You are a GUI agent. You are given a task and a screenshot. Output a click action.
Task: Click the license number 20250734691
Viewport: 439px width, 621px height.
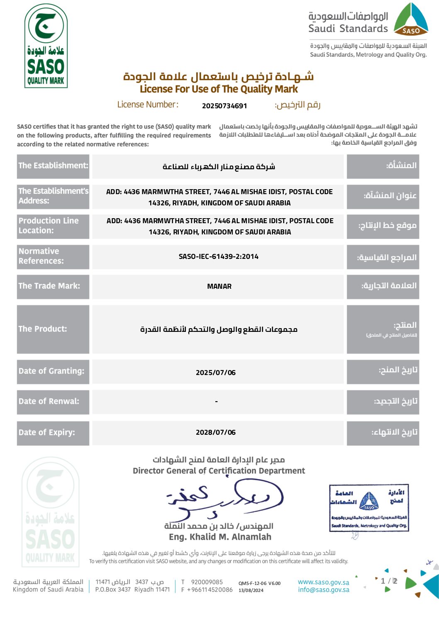[224, 106]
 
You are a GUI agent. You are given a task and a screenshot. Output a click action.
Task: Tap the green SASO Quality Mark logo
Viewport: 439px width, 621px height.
[46, 46]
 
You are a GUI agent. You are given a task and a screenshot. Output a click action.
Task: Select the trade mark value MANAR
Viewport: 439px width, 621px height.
[219, 286]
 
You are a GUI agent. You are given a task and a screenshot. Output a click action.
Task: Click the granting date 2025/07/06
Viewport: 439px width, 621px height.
[216, 373]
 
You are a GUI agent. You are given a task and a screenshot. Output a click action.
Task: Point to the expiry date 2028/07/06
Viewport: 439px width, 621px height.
[216, 432]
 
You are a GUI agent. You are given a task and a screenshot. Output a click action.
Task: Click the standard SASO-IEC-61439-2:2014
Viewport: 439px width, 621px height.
[219, 257]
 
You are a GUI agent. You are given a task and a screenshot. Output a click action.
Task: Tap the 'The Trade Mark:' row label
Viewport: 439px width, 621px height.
[49, 286]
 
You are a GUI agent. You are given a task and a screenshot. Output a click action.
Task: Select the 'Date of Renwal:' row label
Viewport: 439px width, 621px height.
[49, 401]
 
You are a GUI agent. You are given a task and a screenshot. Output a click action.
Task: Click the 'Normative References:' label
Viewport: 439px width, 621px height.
[41, 256]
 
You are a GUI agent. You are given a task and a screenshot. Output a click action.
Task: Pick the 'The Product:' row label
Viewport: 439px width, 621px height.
[43, 329]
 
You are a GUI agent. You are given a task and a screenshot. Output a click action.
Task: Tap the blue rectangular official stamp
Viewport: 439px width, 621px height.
[369, 507]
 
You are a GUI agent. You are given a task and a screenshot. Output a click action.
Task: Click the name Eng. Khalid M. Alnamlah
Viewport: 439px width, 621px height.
[220, 537]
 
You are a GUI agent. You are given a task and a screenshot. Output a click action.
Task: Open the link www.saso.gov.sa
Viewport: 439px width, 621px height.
[324, 582]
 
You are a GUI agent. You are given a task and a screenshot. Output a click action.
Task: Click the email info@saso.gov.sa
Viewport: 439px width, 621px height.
[324, 590]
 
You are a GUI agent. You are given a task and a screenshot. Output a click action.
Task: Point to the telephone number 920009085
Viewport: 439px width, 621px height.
[207, 582]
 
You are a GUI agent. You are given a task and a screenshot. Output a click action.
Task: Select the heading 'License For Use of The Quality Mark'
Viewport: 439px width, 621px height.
[219, 89]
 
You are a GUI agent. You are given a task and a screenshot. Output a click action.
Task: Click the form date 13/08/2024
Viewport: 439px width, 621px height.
[251, 590]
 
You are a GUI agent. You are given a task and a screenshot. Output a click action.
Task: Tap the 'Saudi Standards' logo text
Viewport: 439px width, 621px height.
[348, 29]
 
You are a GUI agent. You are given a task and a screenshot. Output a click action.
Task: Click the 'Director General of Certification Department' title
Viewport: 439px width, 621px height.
[219, 471]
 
